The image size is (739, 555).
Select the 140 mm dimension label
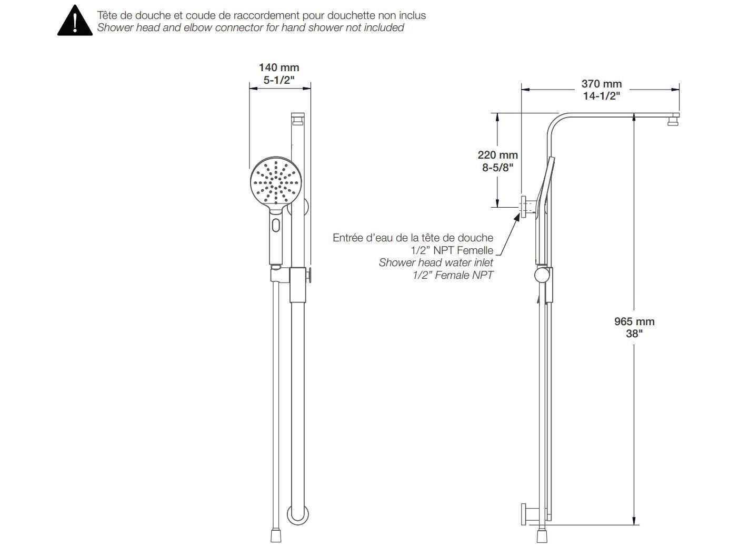coord(279,67)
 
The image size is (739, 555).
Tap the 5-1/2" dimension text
coord(279,80)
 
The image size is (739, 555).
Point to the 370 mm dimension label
coord(602,84)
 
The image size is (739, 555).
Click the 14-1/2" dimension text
coord(602,96)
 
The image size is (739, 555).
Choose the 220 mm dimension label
coord(498,155)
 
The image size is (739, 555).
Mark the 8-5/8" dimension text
coord(498,168)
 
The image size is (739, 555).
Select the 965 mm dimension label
coord(634,321)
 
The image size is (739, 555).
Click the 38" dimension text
coord(634,334)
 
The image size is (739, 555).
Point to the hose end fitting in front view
coord(276,536)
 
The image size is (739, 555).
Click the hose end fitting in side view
coord(542,536)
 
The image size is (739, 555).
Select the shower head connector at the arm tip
coord(673,122)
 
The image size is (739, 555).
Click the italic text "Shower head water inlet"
coord(436,262)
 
